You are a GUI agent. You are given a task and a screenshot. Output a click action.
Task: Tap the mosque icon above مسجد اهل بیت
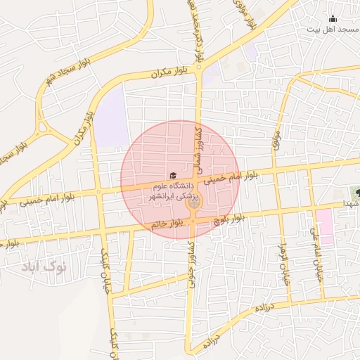(x=333, y=18)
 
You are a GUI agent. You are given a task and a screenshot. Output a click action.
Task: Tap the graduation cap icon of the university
(x=173, y=175)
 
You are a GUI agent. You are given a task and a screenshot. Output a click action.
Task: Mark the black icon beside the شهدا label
(x=357, y=192)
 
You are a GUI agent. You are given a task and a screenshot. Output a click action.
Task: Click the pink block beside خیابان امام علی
(x=324, y=225)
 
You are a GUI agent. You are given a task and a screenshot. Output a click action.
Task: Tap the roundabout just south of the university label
(x=193, y=203)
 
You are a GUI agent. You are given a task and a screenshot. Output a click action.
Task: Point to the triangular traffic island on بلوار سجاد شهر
(x=43, y=129)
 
